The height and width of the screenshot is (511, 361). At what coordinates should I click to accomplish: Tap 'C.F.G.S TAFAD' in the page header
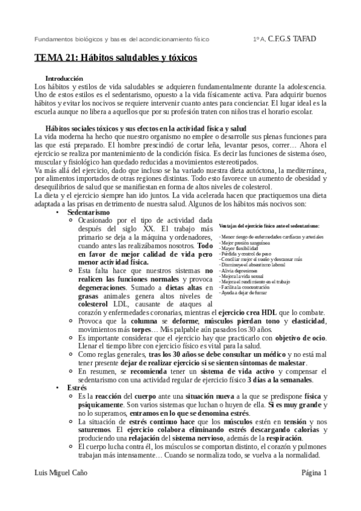click(292, 39)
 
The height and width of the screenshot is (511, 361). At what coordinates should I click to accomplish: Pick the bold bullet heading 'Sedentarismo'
click(89, 213)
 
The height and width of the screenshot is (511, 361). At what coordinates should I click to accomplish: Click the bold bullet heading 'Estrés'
click(77, 387)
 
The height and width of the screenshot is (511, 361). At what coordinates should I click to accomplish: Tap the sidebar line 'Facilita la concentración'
click(245, 287)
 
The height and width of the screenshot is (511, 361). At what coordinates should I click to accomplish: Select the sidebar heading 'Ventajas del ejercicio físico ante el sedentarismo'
click(269, 225)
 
